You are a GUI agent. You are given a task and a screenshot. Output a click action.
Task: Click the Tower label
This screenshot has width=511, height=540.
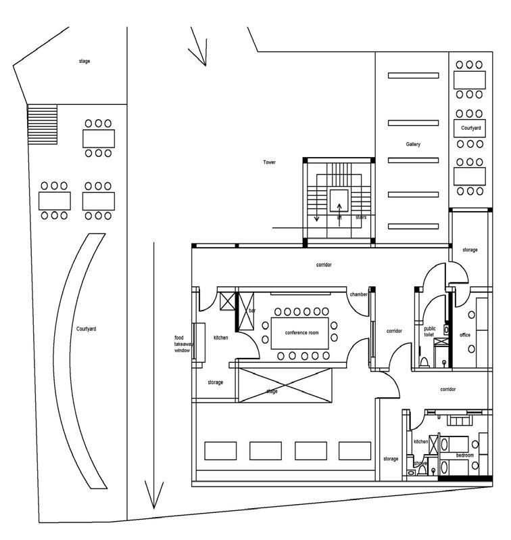pyautogui.click(x=270, y=162)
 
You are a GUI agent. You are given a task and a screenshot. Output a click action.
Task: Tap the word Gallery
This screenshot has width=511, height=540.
pyautogui.click(x=413, y=145)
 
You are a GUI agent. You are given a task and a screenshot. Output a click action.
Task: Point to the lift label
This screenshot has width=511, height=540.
pyautogui.click(x=339, y=218)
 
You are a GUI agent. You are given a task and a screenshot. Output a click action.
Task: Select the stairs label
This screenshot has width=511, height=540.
pyautogui.click(x=360, y=218)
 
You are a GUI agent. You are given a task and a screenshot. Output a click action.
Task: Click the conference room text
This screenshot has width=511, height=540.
pyautogui.click(x=301, y=333)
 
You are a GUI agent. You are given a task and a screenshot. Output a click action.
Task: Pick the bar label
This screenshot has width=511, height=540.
pyautogui.click(x=252, y=311)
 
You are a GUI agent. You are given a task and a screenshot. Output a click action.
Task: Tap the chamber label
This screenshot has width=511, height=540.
pyautogui.click(x=358, y=294)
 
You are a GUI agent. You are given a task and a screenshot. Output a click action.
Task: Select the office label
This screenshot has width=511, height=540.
pyautogui.click(x=464, y=335)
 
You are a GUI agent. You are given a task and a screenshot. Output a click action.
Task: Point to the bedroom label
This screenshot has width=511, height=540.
pyautogui.click(x=464, y=455)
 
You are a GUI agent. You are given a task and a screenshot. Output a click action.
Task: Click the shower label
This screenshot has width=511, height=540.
pyautogui.click(x=420, y=464)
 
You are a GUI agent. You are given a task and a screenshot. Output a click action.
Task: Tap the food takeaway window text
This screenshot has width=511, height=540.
pyautogui.click(x=182, y=344)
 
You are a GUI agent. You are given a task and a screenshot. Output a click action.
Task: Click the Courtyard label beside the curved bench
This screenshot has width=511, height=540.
pyautogui.click(x=86, y=329)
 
